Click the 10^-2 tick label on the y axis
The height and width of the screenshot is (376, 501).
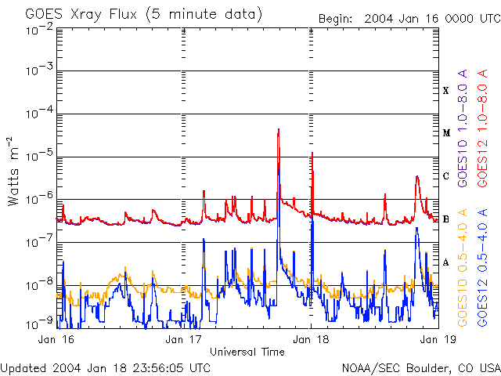[38, 29]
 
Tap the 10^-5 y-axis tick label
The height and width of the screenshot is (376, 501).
[38, 157]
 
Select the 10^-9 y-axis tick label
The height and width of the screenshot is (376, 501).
[38, 321]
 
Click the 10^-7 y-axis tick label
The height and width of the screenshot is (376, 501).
[38, 242]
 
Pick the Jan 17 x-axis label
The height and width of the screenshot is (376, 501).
[185, 340]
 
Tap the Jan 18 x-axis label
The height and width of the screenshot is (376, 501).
[312, 340]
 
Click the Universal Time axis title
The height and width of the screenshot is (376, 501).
[247, 352]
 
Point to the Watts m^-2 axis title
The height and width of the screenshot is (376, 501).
[13, 172]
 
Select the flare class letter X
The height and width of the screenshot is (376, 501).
[446, 91]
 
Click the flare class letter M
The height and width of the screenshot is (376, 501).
[446, 133]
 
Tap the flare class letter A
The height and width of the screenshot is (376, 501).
[446, 262]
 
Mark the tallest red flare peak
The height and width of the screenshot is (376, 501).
[279, 130]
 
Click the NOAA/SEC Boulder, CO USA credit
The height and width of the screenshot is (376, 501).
[420, 367]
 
